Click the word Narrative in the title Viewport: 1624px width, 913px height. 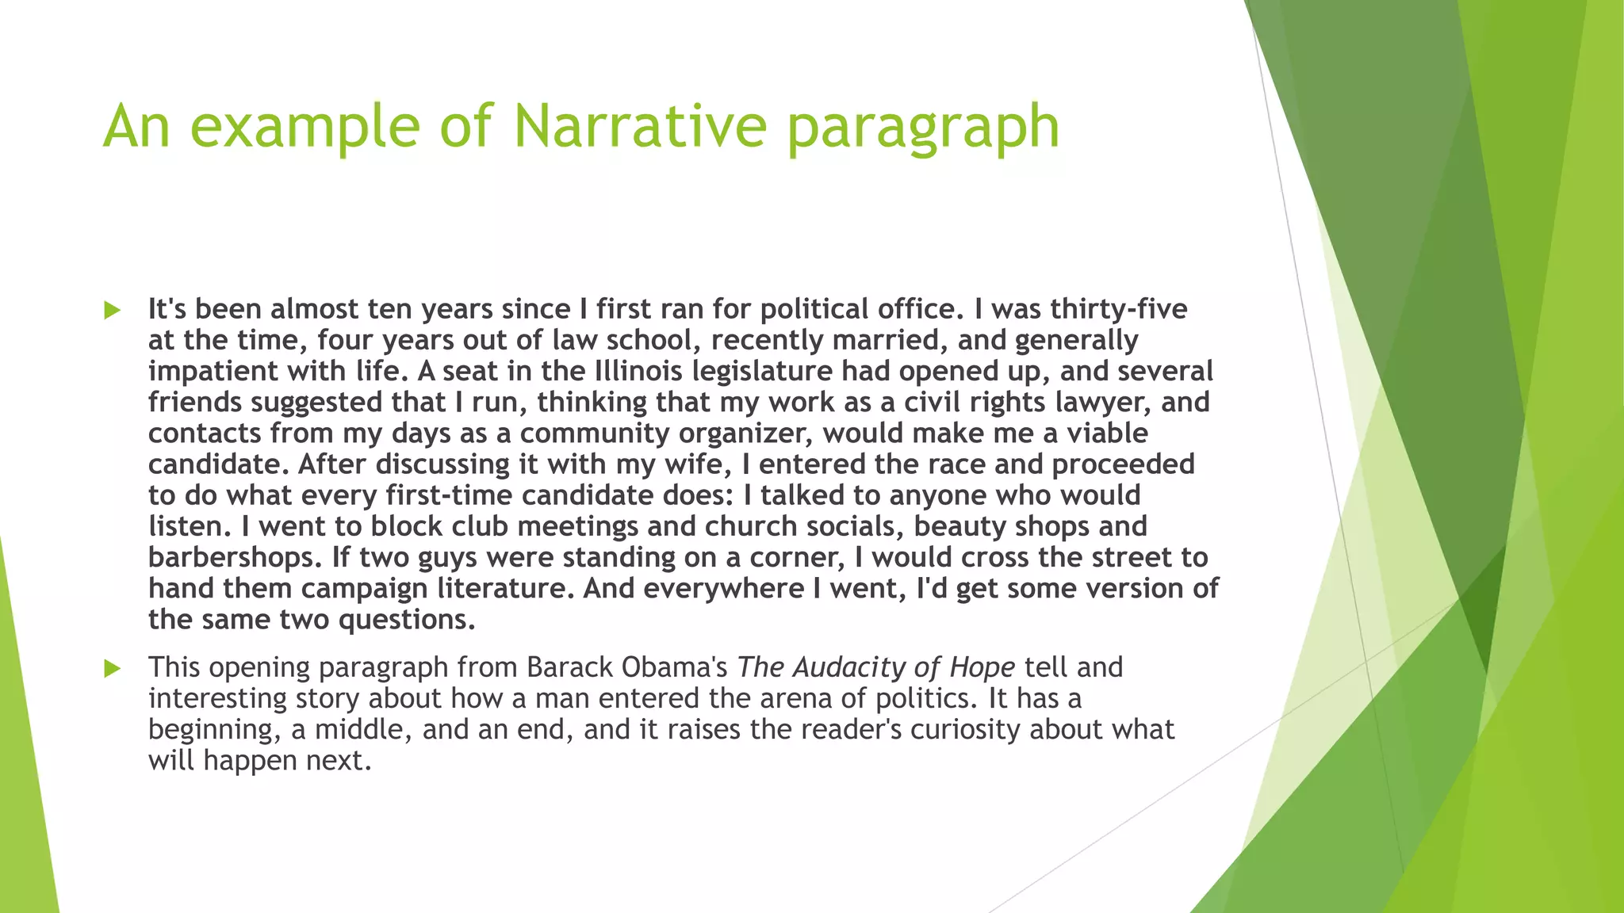click(x=640, y=126)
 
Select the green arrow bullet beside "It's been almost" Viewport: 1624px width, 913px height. click(x=112, y=310)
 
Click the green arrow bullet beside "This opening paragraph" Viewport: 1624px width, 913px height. click(x=112, y=669)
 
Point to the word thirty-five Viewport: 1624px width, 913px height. click(x=1119, y=309)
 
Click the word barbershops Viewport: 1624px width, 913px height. click(x=235, y=557)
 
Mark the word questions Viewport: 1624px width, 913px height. click(x=406, y=620)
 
